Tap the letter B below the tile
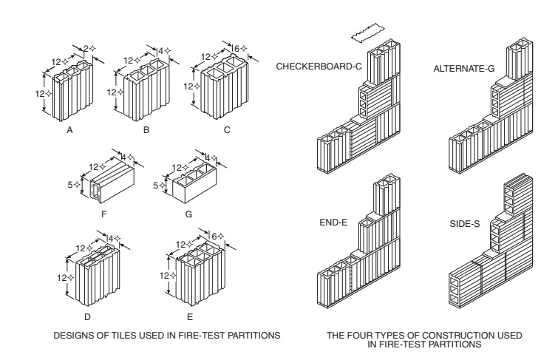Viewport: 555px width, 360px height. click(x=147, y=129)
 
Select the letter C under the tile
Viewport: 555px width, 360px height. click(x=227, y=129)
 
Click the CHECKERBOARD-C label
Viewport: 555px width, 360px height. click(x=319, y=67)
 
